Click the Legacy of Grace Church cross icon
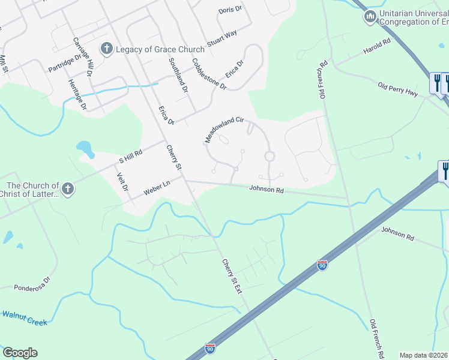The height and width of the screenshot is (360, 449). click(107, 49)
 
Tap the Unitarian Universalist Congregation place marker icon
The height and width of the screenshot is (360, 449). click(370, 15)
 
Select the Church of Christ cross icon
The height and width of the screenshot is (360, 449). click(68, 190)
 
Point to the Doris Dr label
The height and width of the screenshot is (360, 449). click(230, 10)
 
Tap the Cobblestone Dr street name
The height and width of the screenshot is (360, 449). click(209, 74)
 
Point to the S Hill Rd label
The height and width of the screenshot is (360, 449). click(130, 157)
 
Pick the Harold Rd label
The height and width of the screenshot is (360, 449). click(376, 47)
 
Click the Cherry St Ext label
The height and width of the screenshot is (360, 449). click(231, 276)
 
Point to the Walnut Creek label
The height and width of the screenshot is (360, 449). click(24, 318)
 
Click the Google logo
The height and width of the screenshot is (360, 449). click(20, 353)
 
